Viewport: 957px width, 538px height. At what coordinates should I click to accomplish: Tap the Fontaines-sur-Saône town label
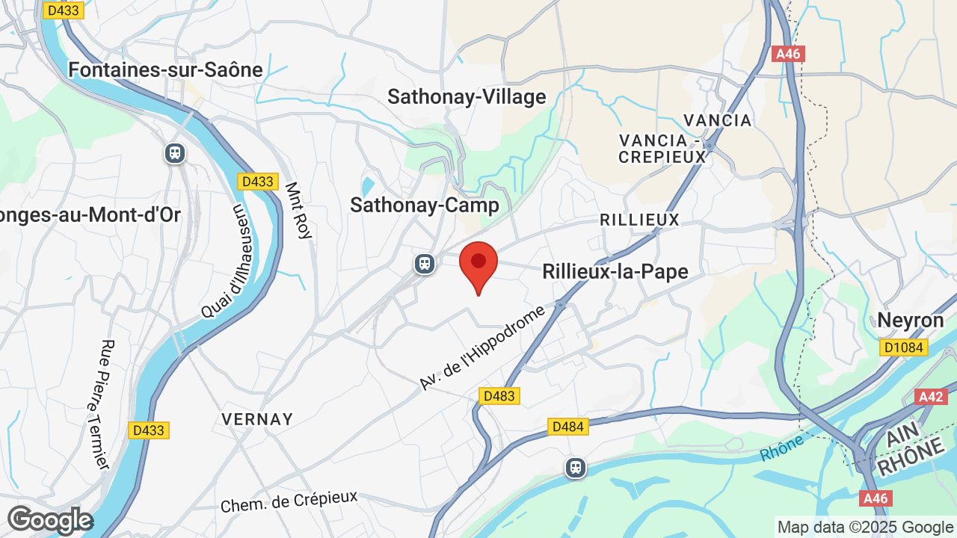tap(165, 70)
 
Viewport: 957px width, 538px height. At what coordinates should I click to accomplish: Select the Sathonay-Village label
tap(467, 97)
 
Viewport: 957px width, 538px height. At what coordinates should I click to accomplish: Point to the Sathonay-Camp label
tap(424, 205)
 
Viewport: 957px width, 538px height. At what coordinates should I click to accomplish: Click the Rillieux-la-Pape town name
tap(615, 271)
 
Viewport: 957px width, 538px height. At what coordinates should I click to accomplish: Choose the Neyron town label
tap(910, 321)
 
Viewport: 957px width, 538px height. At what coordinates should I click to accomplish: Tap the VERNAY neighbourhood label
tap(257, 419)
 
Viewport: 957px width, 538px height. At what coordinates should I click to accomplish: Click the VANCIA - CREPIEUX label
tap(662, 149)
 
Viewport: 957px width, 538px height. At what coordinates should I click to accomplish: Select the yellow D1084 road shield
tap(903, 347)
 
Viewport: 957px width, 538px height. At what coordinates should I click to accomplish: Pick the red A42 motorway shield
tap(931, 397)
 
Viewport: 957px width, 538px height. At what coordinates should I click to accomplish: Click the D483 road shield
tap(499, 396)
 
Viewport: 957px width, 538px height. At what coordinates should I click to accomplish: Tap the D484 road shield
tap(568, 427)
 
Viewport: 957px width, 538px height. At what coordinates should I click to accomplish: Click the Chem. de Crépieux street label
tap(289, 501)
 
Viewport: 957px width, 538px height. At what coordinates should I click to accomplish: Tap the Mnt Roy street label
tap(298, 211)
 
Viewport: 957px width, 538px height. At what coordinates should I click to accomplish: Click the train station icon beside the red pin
tap(425, 264)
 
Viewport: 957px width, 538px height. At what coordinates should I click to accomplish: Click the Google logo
tap(49, 520)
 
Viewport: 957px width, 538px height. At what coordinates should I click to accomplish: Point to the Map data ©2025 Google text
tap(865, 528)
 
